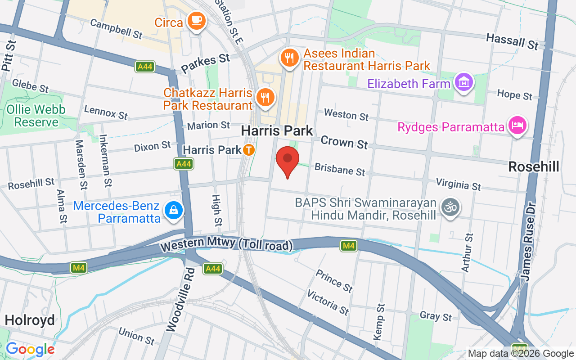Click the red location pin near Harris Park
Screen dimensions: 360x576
287,160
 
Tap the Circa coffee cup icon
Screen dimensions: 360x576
197,20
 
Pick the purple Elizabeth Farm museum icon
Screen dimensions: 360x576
463,82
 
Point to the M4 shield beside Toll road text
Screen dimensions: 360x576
348,246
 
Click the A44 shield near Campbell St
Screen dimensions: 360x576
145,67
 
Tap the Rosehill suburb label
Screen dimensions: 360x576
534,167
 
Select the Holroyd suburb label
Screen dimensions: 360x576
30,320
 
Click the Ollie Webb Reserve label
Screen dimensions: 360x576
36,116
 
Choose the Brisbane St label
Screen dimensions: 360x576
340,169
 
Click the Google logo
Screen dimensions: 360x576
30,349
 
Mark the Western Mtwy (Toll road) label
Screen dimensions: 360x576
226,245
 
